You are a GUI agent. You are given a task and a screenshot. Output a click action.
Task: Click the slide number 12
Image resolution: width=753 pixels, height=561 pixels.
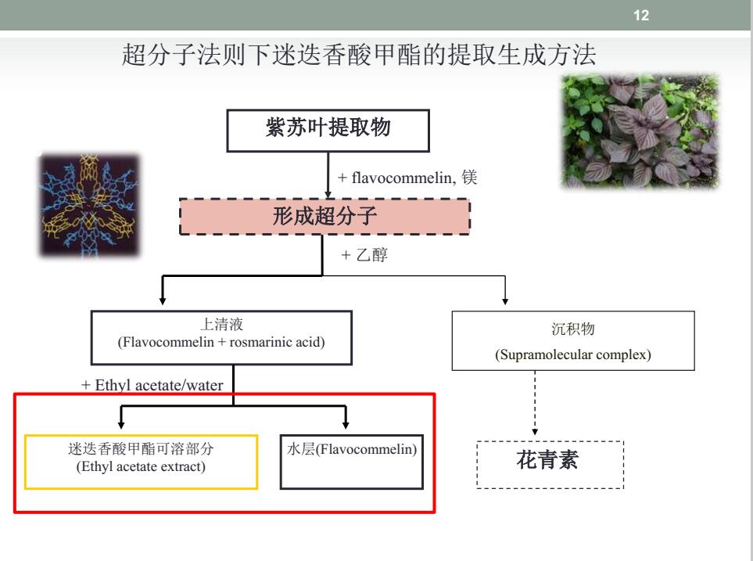pos(641,16)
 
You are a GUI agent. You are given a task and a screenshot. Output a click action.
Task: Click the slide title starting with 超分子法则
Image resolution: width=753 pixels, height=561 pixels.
pos(359,54)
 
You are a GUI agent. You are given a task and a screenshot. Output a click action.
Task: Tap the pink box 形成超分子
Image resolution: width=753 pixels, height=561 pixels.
pos(325,216)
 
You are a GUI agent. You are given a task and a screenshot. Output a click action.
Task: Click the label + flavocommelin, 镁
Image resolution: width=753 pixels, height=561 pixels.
pos(407,178)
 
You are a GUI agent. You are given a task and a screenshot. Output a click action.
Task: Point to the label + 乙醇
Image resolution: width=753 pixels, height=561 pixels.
pos(364,255)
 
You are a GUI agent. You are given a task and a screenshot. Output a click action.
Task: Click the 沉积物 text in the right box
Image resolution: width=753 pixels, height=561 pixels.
pos(573,329)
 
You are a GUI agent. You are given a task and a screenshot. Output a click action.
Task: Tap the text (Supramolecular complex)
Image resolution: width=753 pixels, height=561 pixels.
pos(573,354)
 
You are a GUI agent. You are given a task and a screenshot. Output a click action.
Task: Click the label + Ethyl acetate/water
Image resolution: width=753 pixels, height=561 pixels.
pos(152,385)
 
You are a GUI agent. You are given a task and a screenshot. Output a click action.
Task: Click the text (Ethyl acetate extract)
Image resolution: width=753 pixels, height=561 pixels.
pos(141,466)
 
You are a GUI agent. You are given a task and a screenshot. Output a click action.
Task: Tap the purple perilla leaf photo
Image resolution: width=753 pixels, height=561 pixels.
pos(640,131)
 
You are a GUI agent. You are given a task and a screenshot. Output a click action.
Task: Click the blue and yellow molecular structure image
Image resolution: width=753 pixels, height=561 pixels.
pos(89,205)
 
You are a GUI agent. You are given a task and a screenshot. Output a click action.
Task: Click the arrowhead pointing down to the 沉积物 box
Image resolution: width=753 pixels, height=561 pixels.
pos(505,301)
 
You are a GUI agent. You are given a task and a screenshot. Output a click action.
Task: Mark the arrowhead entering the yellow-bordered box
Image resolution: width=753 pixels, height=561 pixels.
pos(121,425)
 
